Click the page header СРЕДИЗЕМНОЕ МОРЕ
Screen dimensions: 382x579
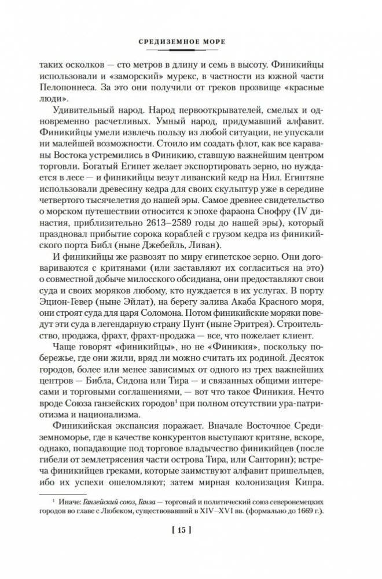pos(191,42)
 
